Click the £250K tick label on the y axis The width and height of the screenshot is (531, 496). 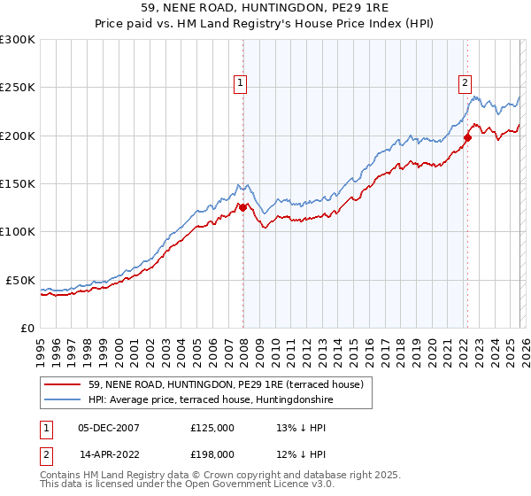tap(18, 88)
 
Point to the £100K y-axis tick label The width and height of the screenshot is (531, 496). tap(18, 231)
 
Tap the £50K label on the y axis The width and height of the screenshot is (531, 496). tap(20, 280)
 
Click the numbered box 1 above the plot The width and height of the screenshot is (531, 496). tap(240, 84)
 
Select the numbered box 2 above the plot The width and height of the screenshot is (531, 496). tap(465, 84)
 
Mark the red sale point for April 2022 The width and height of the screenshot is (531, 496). tap(467, 137)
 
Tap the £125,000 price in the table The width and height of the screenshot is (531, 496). tap(212, 427)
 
